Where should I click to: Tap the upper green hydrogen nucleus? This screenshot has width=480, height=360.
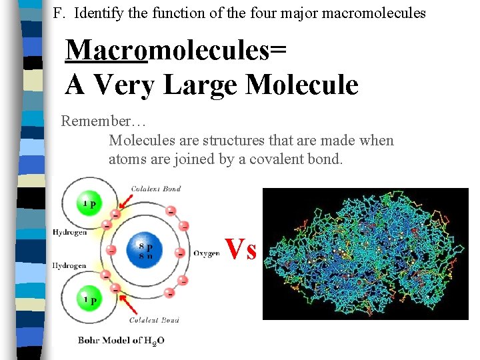[x=89, y=204]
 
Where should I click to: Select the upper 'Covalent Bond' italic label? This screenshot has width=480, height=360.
[x=156, y=189]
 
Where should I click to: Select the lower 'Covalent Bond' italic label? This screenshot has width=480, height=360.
[x=154, y=320]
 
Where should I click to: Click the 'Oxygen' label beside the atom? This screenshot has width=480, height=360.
[x=207, y=253]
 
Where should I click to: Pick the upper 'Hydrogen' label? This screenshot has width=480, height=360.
[x=69, y=233]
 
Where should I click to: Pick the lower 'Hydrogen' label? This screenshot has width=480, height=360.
[x=69, y=265]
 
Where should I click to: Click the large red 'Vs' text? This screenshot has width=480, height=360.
[x=241, y=249]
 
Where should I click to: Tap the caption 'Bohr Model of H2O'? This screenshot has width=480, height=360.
[x=121, y=340]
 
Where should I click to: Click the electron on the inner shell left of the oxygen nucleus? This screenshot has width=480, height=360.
[x=112, y=250]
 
